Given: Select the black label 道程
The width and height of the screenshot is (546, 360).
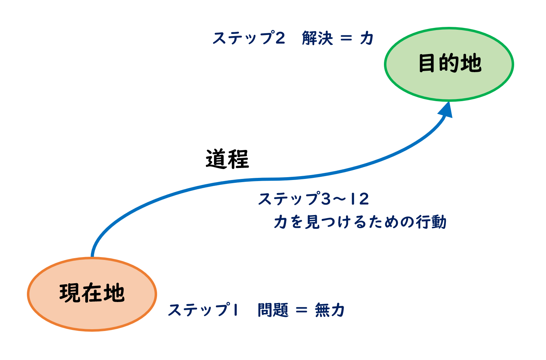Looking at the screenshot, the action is coord(227,159).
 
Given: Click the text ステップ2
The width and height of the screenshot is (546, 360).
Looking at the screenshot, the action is coord(249,38).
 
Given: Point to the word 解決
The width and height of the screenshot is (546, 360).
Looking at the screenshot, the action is coord(317,38).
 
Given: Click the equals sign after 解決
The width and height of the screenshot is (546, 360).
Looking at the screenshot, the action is coord(346,38).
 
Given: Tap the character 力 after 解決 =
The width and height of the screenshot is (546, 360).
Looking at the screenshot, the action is coord(367,38).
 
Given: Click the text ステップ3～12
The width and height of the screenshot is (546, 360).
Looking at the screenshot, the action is coord(314,199).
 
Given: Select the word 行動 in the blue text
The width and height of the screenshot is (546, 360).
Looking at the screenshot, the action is coord(431,222).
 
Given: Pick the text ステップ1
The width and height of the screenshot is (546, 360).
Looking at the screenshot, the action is coord(203,310).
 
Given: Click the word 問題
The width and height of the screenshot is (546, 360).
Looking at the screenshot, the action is coord(273,310).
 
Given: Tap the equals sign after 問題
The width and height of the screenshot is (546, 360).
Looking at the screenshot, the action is coord(301,310).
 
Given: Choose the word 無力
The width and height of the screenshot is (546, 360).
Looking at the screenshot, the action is coord(330,310).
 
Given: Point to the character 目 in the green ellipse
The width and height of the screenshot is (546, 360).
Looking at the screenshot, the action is coord(426,63).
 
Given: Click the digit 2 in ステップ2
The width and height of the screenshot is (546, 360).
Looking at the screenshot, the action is coord(280,38).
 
